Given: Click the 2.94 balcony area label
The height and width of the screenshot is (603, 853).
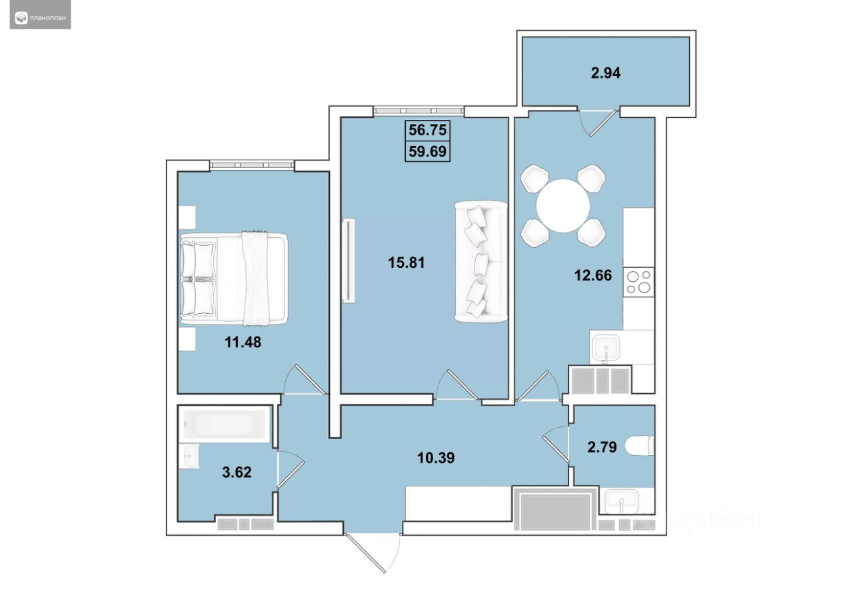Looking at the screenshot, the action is [606, 73].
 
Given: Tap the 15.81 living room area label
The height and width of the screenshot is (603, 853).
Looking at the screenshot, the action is [407, 263].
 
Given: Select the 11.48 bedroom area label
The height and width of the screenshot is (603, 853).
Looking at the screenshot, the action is [243, 342].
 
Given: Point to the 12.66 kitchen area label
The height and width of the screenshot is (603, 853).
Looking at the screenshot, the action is [593, 275].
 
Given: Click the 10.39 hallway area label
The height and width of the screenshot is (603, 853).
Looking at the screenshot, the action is [436, 458].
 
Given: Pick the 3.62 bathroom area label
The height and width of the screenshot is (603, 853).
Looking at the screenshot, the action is [237, 472].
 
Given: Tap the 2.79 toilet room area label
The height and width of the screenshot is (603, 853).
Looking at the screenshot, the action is [602, 447].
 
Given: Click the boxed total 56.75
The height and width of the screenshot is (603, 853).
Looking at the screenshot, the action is [427, 130].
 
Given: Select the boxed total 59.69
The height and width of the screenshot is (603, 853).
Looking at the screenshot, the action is [427, 151].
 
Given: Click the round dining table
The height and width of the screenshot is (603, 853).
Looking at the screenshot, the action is [563, 206].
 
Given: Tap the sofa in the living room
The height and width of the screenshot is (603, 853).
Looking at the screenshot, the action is [481, 262].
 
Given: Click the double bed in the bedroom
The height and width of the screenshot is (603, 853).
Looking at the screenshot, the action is [234, 279].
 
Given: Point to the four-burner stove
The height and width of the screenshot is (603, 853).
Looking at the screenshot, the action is [638, 282].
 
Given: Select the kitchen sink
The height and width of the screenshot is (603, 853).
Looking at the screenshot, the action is [605, 348].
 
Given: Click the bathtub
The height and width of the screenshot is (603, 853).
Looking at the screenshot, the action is [225, 424].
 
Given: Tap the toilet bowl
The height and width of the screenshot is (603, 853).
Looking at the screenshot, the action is [639, 445].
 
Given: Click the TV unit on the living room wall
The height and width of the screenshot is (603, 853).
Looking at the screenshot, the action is [349, 261].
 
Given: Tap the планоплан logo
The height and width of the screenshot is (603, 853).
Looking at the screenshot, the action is [41, 18].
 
